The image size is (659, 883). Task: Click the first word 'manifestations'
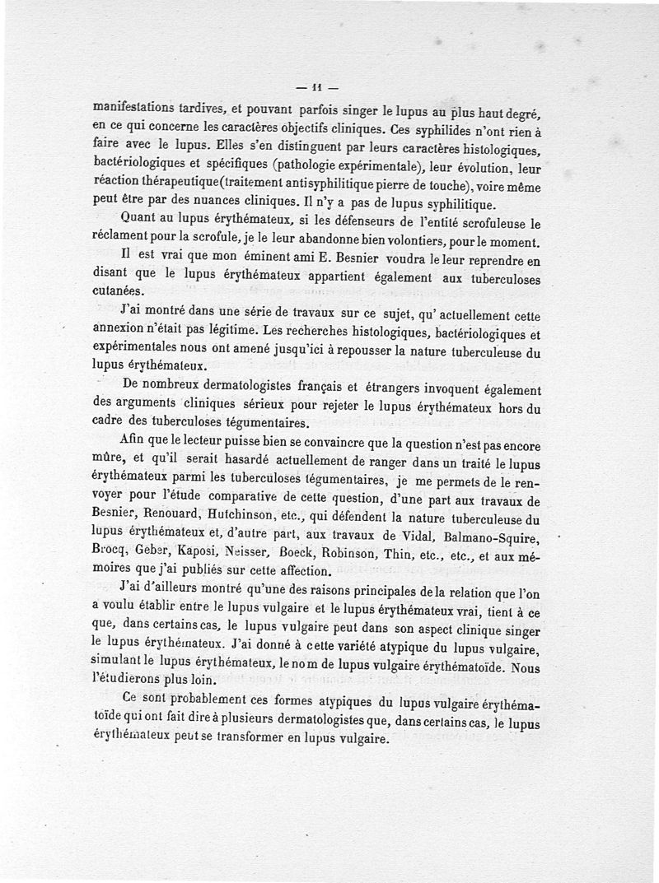(133, 107)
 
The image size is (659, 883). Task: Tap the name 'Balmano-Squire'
(494, 537)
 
